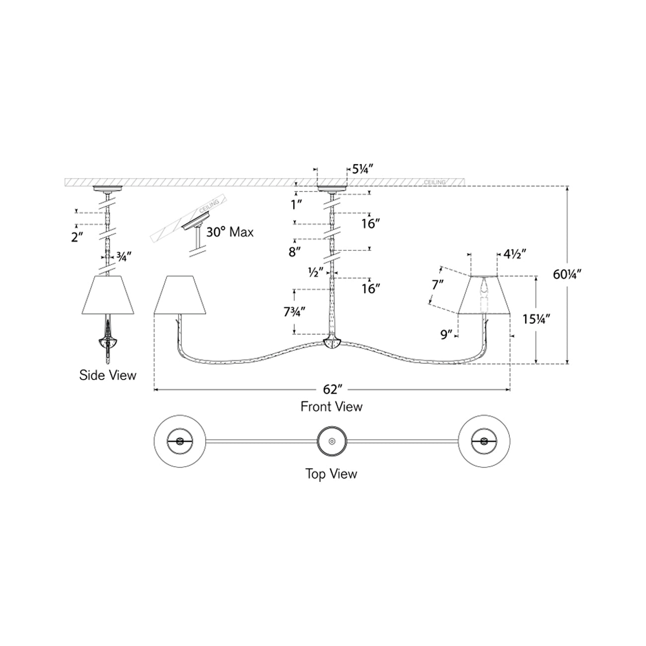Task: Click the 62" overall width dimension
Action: (x=332, y=390)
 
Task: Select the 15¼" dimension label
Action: (x=537, y=320)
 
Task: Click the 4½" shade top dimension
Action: (x=514, y=254)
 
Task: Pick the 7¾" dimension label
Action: (x=294, y=312)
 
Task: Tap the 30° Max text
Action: (x=230, y=232)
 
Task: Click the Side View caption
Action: (x=108, y=375)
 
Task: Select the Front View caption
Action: (x=331, y=406)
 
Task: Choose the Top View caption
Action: (x=331, y=474)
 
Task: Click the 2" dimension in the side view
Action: (x=77, y=238)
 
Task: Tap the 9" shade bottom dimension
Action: (x=446, y=334)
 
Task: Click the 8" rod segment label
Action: (x=294, y=251)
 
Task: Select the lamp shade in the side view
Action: (x=108, y=295)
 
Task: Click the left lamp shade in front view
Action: (x=179, y=295)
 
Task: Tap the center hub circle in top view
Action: (x=332, y=441)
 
